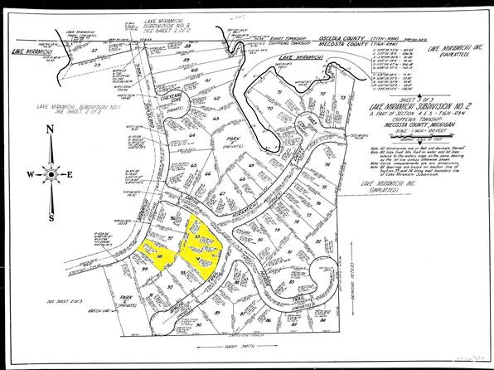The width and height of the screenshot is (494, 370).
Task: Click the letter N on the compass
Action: (x=51, y=130)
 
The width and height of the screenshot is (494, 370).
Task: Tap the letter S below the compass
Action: (x=51, y=218)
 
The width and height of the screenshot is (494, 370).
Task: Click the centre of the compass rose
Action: (x=51, y=175)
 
